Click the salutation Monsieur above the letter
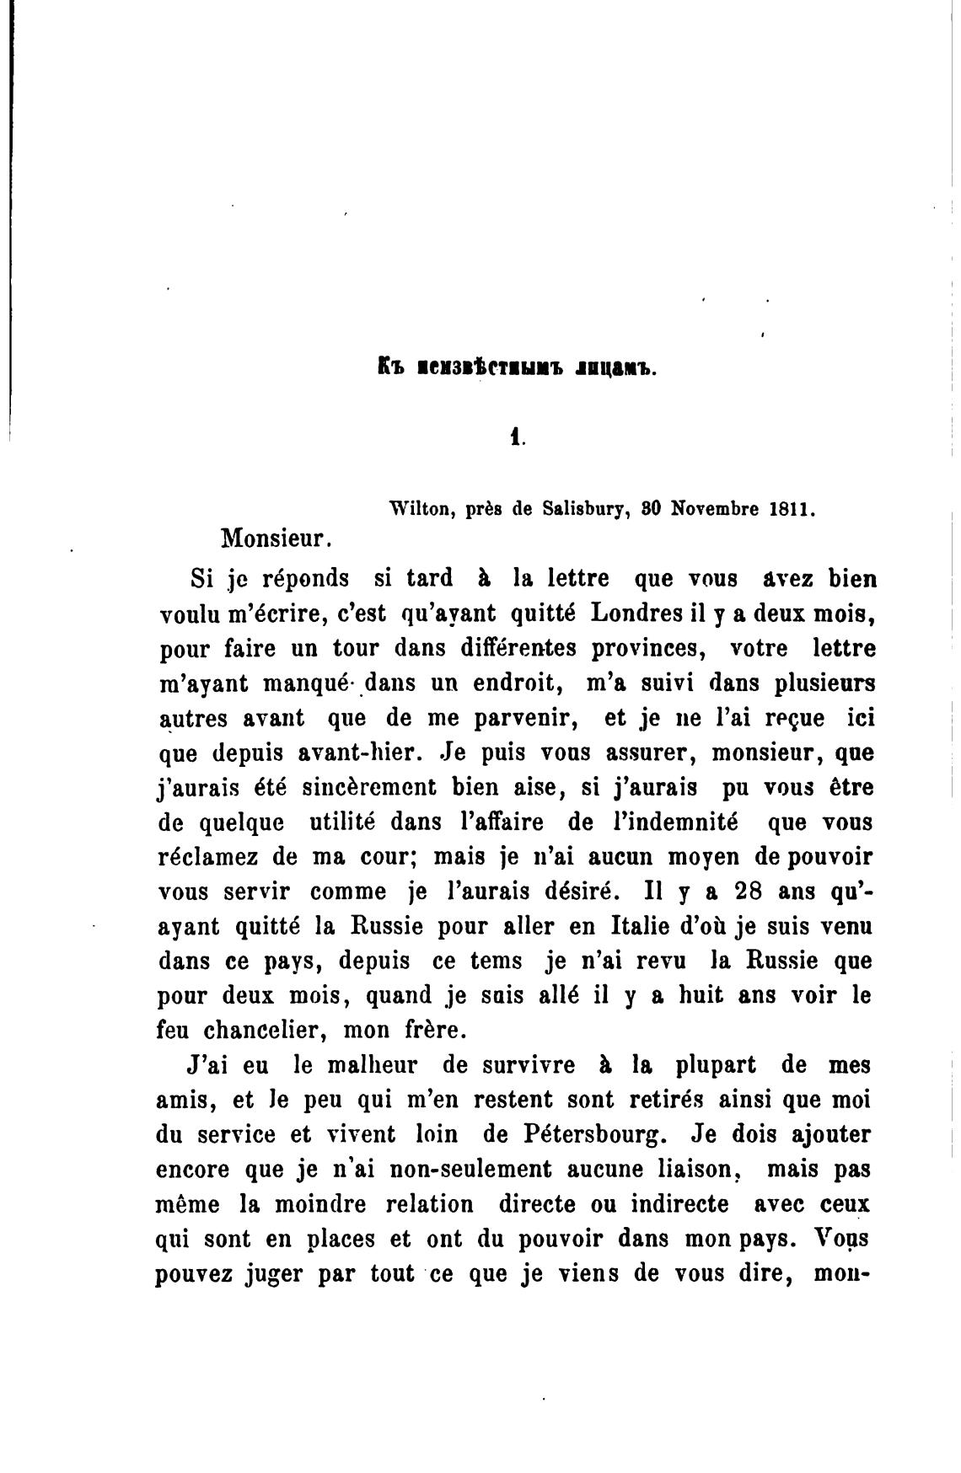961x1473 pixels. pyautogui.click(x=272, y=536)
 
